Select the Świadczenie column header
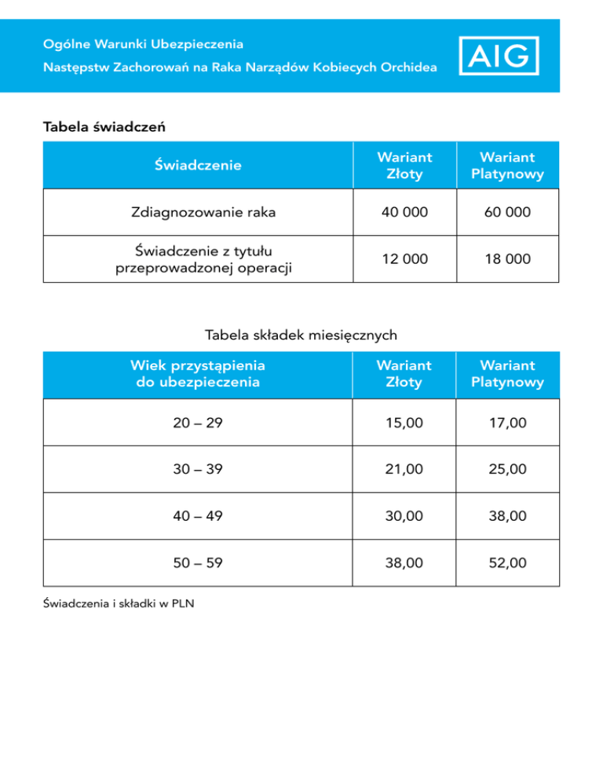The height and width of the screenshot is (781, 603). tap(198, 165)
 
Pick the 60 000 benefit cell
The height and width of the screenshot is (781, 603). tap(507, 212)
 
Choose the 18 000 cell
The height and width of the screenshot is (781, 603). tap(507, 258)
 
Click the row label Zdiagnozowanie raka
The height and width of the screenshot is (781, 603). tap(198, 212)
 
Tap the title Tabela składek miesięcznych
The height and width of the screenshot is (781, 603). tap(301, 335)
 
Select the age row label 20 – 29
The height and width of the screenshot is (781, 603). tap(198, 423)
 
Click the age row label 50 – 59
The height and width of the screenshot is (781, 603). tap(198, 563)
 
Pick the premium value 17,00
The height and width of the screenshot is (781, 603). tap(507, 423)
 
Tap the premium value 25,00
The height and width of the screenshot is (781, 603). tap(507, 469)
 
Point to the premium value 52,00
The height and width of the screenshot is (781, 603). tap(507, 563)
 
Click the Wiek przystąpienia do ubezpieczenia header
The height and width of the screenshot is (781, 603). tap(198, 374)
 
